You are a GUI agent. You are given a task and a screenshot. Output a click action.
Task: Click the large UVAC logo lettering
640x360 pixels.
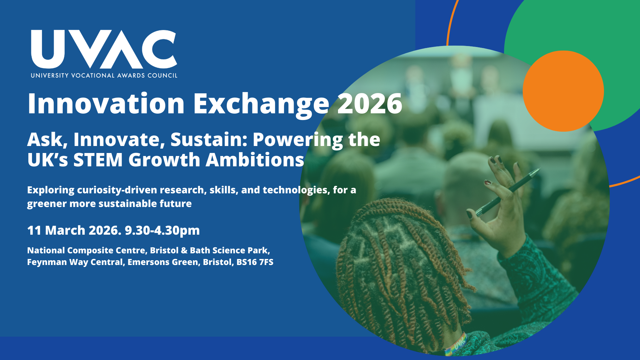[104, 49]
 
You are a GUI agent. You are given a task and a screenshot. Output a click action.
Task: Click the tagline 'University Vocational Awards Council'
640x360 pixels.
[104, 76]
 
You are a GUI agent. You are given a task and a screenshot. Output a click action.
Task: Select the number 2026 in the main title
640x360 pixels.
[370, 104]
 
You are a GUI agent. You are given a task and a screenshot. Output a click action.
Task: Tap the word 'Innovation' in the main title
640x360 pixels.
[106, 104]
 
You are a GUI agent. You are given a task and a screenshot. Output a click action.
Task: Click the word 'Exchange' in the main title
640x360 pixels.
[261, 105]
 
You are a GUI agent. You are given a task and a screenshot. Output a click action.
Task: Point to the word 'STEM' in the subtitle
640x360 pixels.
[98, 160]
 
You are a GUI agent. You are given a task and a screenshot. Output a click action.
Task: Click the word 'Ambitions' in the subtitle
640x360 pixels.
[255, 160]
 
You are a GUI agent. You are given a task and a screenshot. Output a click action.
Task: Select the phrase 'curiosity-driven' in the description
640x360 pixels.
[117, 190]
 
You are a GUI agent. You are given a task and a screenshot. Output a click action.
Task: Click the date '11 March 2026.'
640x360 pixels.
[74, 230]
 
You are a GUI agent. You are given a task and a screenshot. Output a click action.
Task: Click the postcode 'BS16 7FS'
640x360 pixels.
[255, 262]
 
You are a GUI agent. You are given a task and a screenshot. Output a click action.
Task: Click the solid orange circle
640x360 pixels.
[563, 91]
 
